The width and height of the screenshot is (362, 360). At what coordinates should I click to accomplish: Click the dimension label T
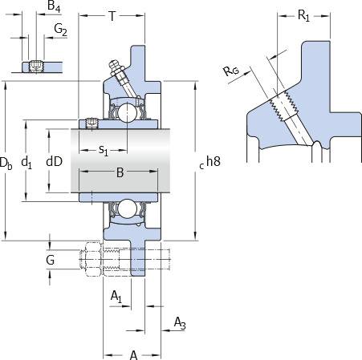pos(112,16)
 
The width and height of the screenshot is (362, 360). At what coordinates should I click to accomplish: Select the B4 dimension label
pos(54,6)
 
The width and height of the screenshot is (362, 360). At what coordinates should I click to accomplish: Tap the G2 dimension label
pos(60,30)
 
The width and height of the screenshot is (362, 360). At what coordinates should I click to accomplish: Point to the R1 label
pos(303,15)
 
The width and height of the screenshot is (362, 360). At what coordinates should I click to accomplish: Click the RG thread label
pos(231,71)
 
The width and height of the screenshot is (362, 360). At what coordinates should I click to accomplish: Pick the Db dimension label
pos(6,163)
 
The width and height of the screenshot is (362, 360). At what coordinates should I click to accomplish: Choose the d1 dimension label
pos(26,162)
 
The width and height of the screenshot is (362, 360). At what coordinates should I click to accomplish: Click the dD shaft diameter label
pos(55,161)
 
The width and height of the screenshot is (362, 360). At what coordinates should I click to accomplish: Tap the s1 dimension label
pos(104,150)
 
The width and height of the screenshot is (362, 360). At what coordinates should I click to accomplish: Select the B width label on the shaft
pos(120,172)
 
